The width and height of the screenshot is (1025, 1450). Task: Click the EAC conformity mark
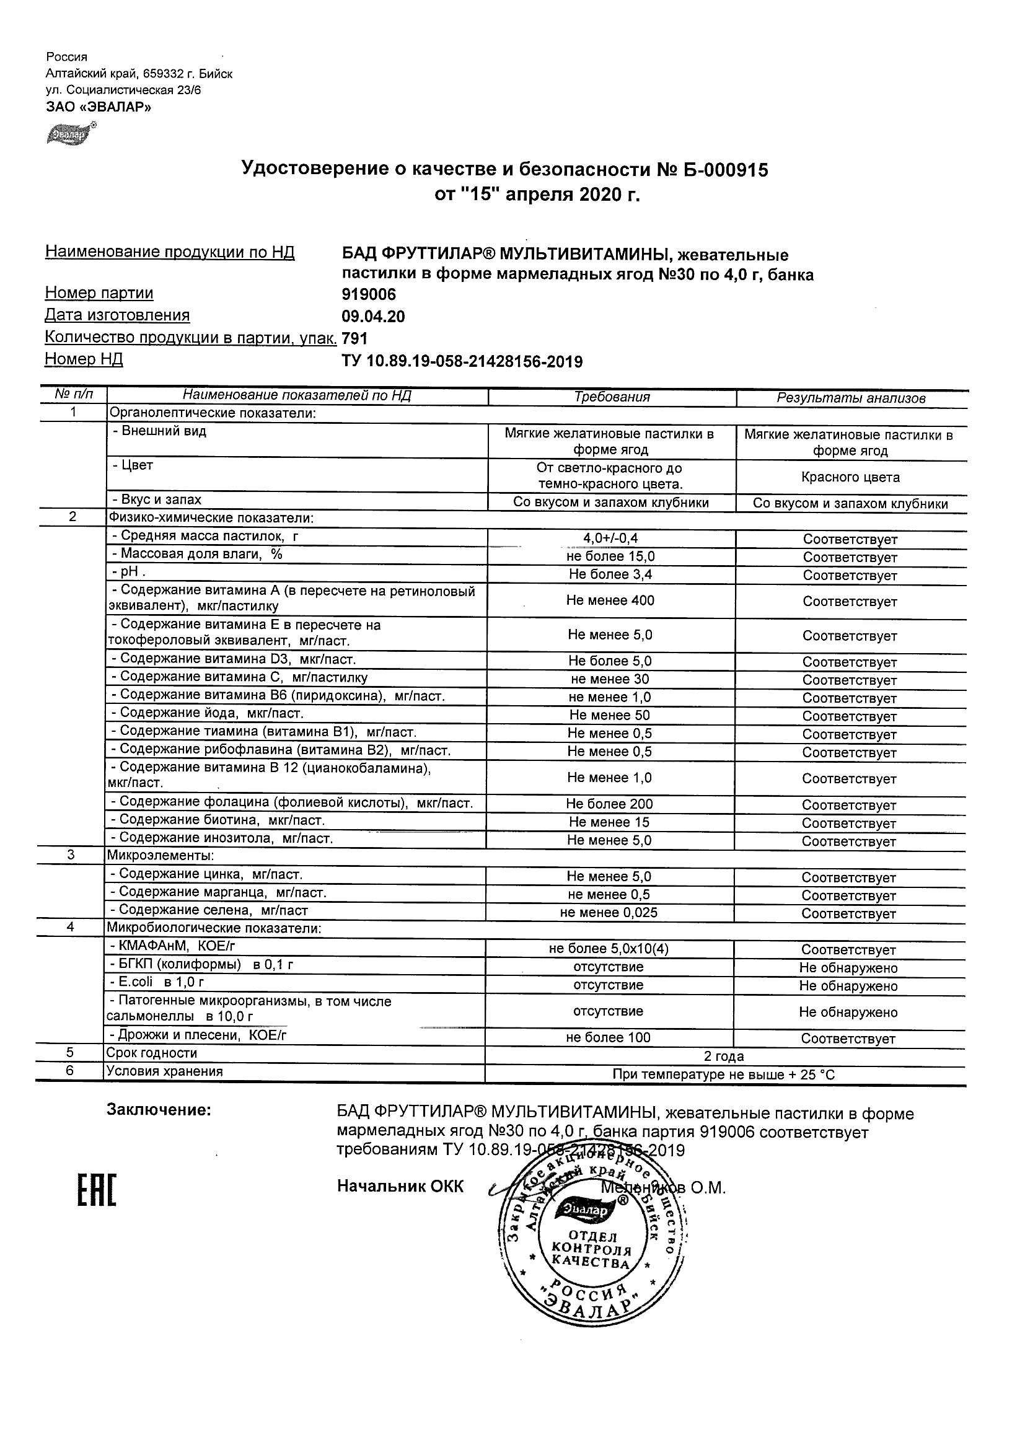[x=97, y=1190]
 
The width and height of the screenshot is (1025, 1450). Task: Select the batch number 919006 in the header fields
[x=369, y=294]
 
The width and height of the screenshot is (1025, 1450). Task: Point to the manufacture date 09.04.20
[x=372, y=317]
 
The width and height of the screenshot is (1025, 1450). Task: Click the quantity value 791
[x=354, y=339]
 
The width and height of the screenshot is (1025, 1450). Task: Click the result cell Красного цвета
[x=850, y=477]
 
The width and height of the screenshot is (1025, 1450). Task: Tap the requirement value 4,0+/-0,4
[x=610, y=538]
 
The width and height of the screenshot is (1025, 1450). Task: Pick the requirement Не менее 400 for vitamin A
[x=610, y=600]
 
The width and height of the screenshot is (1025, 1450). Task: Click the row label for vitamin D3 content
[x=233, y=659]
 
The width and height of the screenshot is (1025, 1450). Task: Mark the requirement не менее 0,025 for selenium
[x=608, y=913]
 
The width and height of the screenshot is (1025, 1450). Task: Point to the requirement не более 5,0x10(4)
[x=608, y=949]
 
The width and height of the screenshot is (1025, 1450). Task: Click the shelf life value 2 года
[x=724, y=1056]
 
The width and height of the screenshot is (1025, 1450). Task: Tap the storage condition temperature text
[x=724, y=1074]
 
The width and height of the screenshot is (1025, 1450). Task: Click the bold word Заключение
[x=159, y=1110]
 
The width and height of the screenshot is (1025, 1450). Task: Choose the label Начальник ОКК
[x=400, y=1187]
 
